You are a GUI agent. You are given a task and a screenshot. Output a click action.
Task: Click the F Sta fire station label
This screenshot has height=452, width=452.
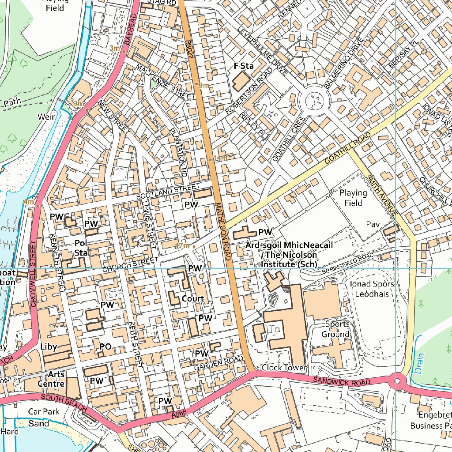244,66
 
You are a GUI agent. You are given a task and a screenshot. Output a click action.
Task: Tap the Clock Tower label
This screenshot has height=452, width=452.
284,368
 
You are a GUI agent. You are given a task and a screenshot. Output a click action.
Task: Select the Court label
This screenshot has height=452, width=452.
193,299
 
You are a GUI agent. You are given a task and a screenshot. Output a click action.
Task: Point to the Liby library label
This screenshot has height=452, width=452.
49,347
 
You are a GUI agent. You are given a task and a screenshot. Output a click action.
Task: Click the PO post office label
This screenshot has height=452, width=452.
105,347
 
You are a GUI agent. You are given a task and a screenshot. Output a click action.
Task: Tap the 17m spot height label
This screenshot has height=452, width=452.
182,245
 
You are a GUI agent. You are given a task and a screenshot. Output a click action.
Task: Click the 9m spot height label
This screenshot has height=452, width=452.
203,85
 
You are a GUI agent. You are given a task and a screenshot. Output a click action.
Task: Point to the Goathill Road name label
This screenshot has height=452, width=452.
347,149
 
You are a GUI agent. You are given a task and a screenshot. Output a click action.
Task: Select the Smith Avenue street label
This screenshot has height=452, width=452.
382,195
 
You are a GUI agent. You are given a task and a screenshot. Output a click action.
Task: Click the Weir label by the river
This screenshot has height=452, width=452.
46,117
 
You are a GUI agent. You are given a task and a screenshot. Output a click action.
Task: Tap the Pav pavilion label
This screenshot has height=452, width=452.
373,225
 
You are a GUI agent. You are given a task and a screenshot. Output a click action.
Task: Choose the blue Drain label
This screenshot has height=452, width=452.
419,363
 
